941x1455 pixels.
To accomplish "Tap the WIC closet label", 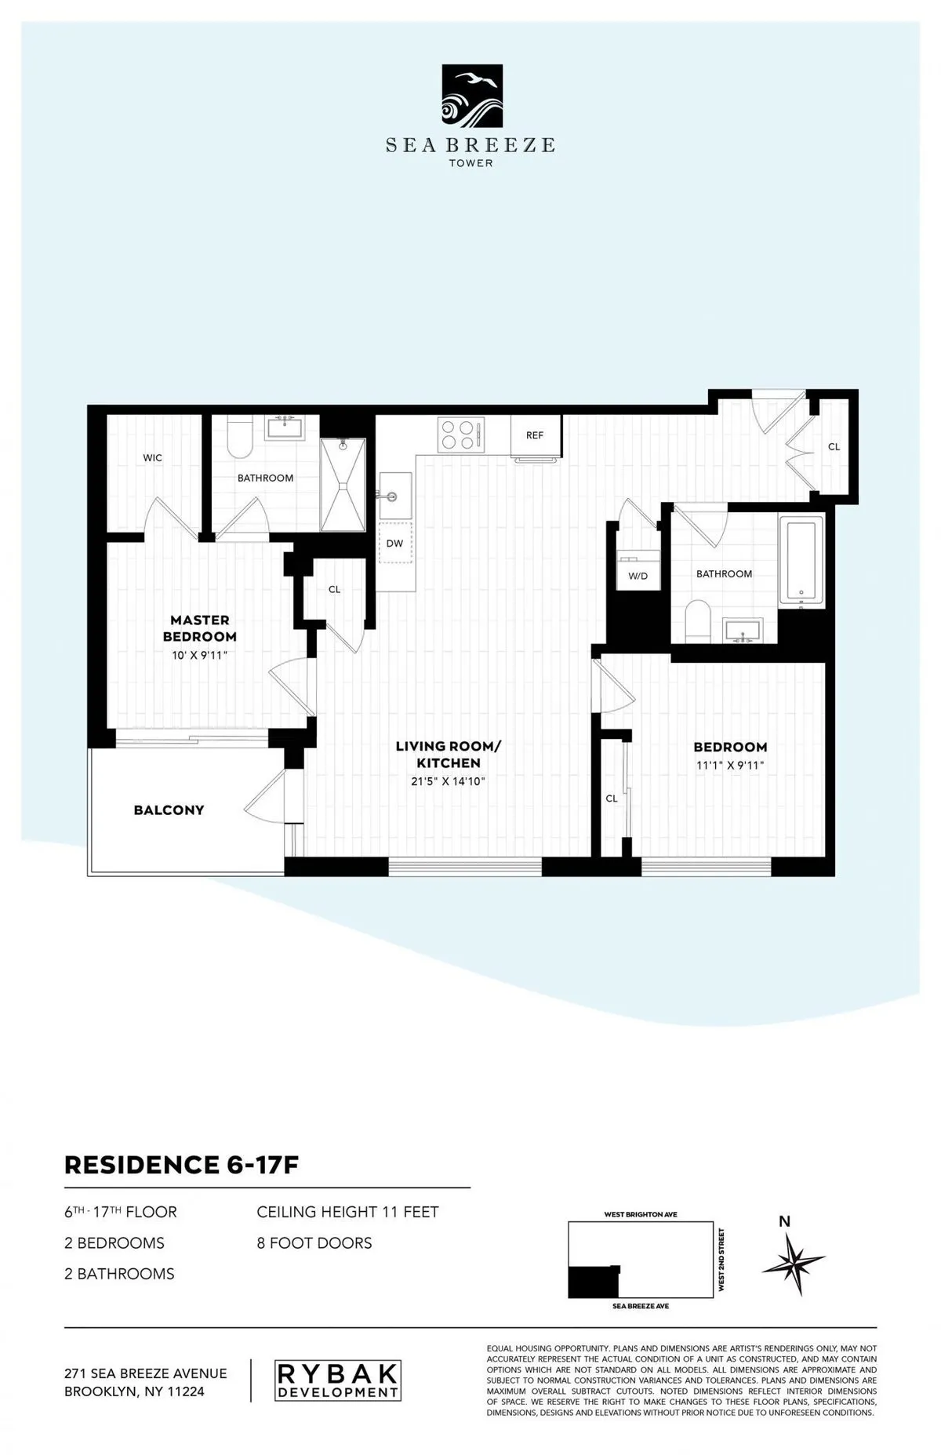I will [153, 458].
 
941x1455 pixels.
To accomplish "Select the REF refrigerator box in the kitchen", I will [535, 435].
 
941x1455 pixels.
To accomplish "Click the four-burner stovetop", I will [460, 435].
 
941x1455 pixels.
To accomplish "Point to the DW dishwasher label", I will [394, 543].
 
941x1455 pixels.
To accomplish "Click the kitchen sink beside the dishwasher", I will [395, 496].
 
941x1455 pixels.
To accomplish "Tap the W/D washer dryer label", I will [638, 577].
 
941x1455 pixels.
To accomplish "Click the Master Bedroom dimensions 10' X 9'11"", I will [200, 654].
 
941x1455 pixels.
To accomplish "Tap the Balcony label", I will [169, 810].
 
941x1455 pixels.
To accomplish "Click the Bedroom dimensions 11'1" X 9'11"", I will [729, 765].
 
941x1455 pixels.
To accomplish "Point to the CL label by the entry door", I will [834, 447].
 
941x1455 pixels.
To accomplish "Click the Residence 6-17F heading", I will [181, 1166].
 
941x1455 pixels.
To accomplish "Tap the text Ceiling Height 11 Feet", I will [347, 1212].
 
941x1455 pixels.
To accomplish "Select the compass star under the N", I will [793, 1264].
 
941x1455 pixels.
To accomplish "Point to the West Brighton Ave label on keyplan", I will [641, 1215].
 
